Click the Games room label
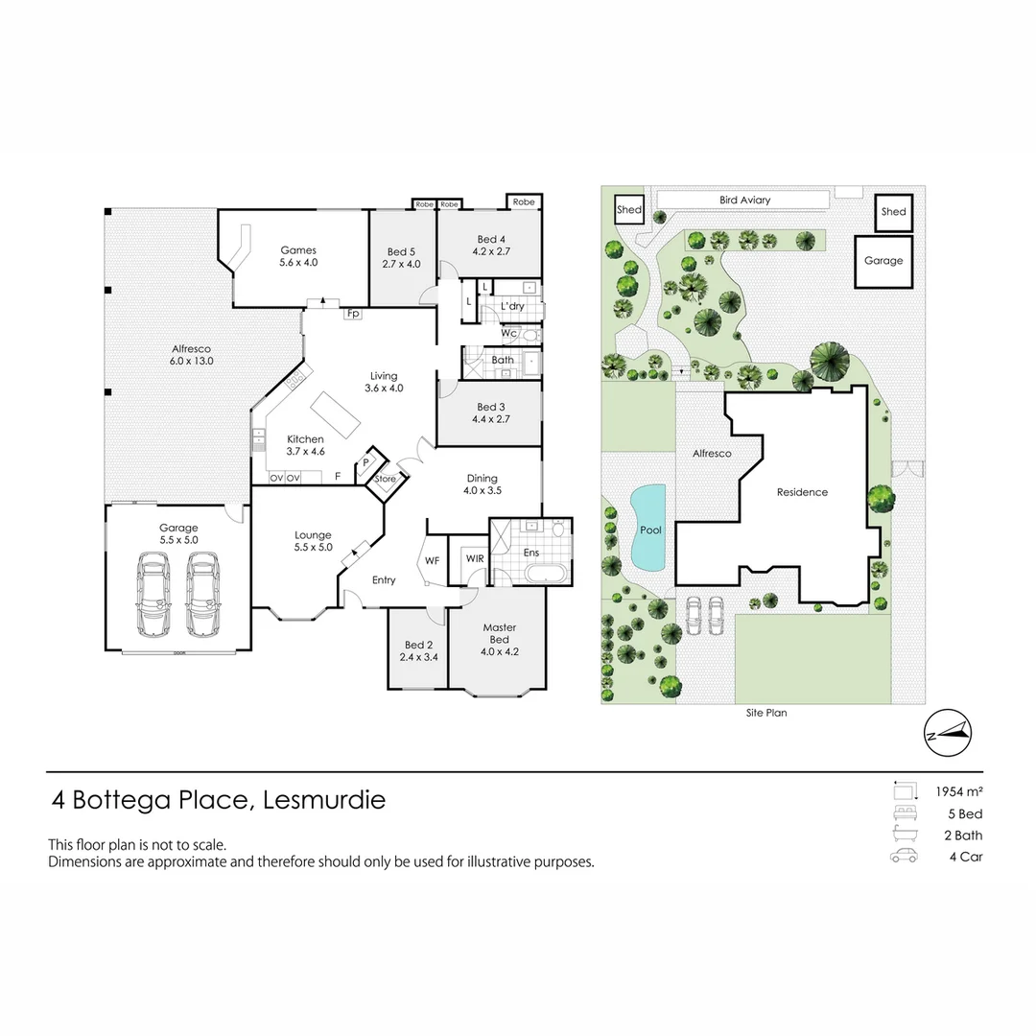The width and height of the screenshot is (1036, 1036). [297, 250]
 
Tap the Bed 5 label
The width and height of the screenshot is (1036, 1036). [401, 251]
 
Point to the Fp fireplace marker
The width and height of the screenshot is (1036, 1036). [352, 314]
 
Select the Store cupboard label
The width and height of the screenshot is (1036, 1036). [385, 479]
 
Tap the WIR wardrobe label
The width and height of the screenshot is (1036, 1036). [474, 558]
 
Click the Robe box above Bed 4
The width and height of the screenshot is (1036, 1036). [524, 202]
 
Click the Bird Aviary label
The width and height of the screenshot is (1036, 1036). [744, 200]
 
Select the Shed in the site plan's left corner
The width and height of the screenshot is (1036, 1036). [628, 210]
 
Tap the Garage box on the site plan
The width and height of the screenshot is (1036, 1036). [883, 261]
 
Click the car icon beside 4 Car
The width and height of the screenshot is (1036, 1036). [904, 857]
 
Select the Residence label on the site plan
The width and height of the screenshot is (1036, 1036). [802, 492]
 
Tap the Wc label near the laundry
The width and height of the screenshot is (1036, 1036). [508, 333]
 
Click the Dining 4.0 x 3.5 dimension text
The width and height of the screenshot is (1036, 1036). [483, 490]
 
